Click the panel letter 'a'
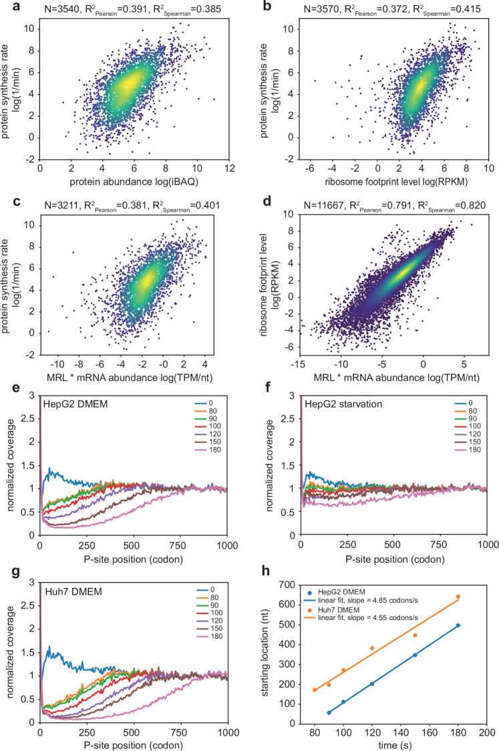pyautogui.click(x=6, y=6)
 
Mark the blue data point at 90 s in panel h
pyautogui.click(x=329, y=712)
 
